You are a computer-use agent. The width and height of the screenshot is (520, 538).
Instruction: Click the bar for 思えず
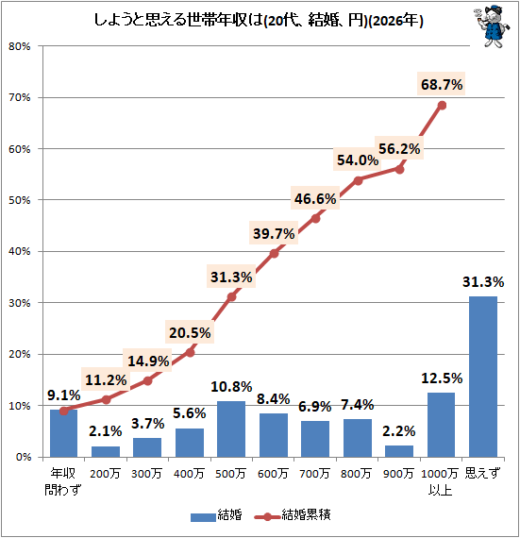(483, 377)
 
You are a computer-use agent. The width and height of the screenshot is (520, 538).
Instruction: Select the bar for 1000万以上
(441, 425)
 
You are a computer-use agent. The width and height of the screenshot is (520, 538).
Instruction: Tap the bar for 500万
(231, 429)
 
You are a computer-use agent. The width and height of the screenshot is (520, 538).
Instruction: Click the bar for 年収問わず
(63, 433)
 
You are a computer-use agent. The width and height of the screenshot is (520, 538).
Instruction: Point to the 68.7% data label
(441, 85)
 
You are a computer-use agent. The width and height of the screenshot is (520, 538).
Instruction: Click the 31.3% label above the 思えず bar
(483, 282)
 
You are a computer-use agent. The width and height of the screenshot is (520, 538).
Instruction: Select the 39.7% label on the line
(274, 233)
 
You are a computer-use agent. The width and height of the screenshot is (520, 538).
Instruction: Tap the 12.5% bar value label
(441, 378)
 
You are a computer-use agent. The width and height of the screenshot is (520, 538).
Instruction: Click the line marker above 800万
(358, 180)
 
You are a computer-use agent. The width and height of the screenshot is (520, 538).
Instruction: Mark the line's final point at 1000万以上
(442, 105)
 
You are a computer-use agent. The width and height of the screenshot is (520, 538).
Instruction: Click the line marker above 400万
(190, 352)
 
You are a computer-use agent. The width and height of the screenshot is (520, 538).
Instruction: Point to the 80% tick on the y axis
(21, 46)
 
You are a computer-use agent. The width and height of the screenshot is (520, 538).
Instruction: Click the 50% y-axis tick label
(21, 200)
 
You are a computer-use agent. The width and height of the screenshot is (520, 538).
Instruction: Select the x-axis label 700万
(315, 471)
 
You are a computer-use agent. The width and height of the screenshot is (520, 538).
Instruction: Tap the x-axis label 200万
(105, 471)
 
